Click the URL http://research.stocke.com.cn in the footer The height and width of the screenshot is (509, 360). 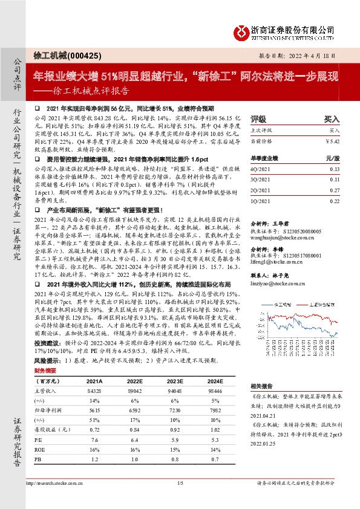point(53,499)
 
